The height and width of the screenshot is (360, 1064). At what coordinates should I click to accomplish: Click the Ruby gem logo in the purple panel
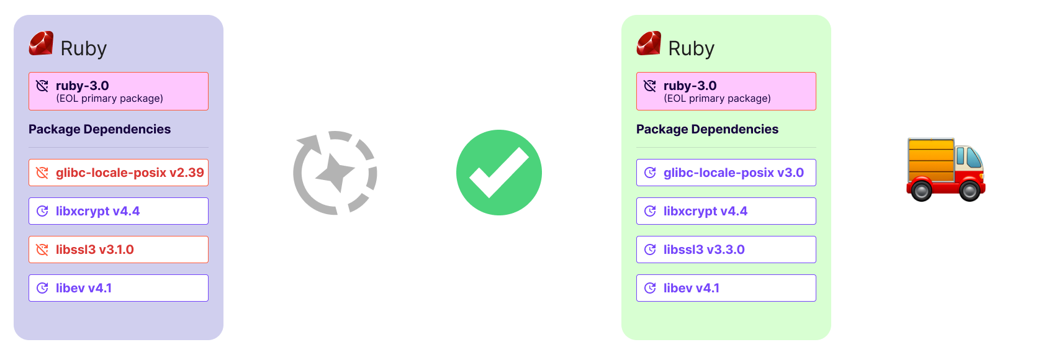41,43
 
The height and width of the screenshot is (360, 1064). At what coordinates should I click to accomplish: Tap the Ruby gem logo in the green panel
649,43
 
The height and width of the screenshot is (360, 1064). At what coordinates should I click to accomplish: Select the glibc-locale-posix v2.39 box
118,173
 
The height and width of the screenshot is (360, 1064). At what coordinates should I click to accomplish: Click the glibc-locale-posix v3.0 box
726,173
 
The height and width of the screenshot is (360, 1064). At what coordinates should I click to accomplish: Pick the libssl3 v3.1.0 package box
118,250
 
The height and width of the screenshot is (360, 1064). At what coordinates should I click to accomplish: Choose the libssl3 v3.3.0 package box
726,250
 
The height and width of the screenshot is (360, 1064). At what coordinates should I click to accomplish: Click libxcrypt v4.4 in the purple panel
118,211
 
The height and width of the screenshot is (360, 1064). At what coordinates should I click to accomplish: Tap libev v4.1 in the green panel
726,288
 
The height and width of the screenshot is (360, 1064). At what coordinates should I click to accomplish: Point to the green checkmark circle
499,173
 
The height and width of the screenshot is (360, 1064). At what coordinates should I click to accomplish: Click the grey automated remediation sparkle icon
335,173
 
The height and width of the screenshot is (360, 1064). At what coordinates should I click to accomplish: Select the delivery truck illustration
945,168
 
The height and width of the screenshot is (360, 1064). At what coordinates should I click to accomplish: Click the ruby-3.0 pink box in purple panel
118,91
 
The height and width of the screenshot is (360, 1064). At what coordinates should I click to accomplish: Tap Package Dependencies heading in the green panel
707,129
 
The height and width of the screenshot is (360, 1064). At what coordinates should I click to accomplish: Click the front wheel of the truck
968,190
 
